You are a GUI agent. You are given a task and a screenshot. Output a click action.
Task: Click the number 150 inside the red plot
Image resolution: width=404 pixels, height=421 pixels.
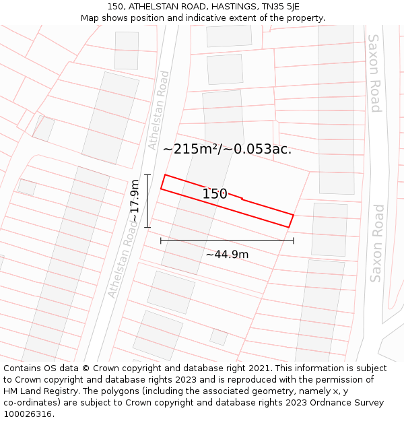[x=215, y=194]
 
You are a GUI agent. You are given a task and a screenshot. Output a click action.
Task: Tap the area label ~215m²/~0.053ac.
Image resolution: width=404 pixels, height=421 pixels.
[x=227, y=149]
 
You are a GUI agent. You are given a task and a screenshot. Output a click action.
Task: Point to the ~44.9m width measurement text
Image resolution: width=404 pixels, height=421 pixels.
[x=227, y=254]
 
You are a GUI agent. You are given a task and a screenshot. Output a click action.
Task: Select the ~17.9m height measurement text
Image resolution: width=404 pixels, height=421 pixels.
[x=135, y=201]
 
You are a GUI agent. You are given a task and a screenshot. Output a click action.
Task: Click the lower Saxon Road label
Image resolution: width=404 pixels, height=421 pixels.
[x=376, y=243]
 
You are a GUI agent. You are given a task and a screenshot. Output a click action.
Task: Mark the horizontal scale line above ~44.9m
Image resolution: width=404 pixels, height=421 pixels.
[x=227, y=240]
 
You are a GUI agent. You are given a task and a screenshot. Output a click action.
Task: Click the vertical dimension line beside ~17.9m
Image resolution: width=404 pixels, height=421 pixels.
[x=147, y=201]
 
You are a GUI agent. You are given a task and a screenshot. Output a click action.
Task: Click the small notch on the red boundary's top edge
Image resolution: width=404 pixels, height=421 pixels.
[x=242, y=198]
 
